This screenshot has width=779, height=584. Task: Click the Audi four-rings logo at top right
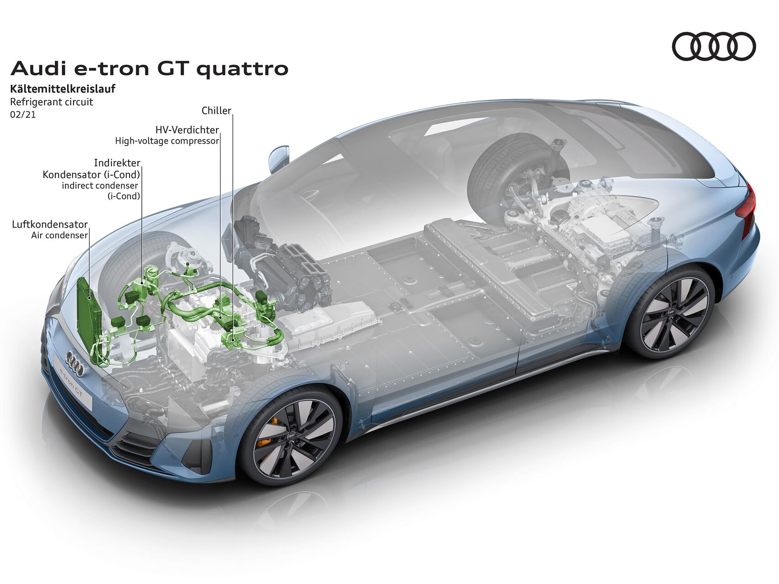tap(714, 47)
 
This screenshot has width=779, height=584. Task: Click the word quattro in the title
tap(242, 69)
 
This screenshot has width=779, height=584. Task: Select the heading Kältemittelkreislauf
tap(63, 89)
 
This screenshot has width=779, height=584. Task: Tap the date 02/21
tap(23, 115)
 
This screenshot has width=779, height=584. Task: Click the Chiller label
tap(216, 110)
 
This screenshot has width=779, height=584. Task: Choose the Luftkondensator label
tap(50, 224)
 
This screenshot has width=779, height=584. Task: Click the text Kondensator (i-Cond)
tap(91, 175)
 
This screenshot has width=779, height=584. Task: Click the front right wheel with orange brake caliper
tap(291, 435)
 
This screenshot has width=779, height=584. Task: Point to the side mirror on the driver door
tap(278, 158)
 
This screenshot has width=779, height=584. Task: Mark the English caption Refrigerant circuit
tap(52, 102)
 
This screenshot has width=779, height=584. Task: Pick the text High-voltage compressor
tap(167, 141)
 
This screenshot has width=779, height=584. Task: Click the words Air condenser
tap(59, 235)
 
